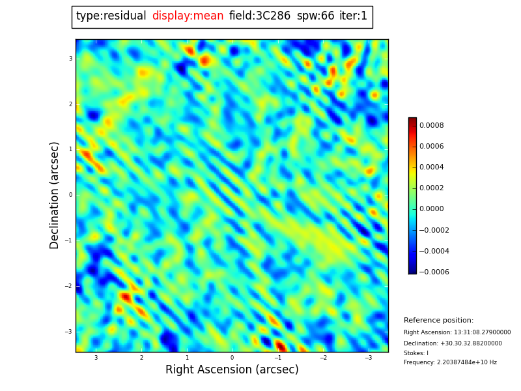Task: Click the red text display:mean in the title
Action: click(188, 16)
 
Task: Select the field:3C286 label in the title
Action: click(260, 16)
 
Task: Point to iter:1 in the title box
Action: click(353, 16)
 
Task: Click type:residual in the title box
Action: click(111, 16)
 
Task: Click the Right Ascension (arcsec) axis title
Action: click(232, 370)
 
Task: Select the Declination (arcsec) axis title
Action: click(55, 195)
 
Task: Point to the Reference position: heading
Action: click(438, 321)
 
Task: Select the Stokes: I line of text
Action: click(416, 353)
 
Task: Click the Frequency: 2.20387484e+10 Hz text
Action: click(450, 362)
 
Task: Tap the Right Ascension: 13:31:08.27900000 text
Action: click(457, 332)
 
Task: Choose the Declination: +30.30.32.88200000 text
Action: click(453, 343)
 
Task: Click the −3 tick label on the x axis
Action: click(368, 358)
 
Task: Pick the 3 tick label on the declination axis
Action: click(70, 59)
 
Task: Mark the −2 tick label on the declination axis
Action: click(69, 286)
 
